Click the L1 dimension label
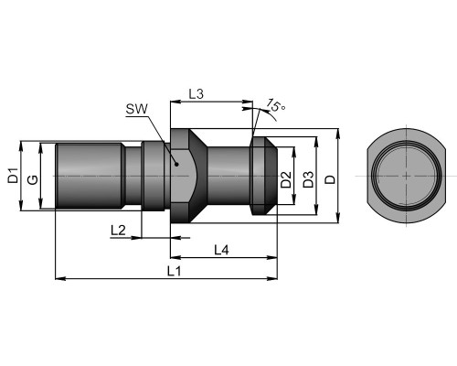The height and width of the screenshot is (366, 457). (175, 271)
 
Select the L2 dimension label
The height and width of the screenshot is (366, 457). (118, 231)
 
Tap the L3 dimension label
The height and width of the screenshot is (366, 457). (196, 94)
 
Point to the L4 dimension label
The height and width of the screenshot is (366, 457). (221, 250)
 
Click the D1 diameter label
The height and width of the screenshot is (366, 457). (13, 176)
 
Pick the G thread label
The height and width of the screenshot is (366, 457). (33, 179)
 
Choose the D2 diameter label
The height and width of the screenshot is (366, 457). (286, 179)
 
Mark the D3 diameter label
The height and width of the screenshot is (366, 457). (308, 179)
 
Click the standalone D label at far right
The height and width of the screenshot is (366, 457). (330, 179)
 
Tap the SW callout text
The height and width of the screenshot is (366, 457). (137, 109)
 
